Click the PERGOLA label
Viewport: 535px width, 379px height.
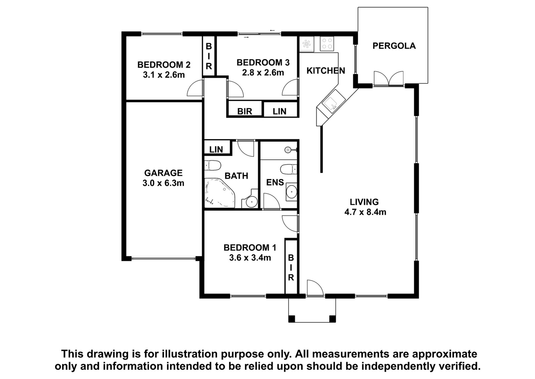pyautogui.click(x=394, y=46)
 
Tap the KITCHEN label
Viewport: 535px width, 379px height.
pyautogui.click(x=326, y=71)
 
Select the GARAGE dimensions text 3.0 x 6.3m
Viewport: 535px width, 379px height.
pyautogui.click(x=164, y=183)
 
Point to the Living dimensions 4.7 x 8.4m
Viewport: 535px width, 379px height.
pyautogui.click(x=365, y=212)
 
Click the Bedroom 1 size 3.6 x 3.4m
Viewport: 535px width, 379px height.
pyautogui.click(x=250, y=258)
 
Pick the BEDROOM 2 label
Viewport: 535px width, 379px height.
pyautogui.click(x=164, y=65)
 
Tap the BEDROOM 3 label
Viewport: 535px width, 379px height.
pyautogui.click(x=263, y=62)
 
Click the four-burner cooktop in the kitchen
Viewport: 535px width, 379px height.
pyautogui.click(x=327, y=44)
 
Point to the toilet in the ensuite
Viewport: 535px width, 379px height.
pyautogui.click(x=288, y=169)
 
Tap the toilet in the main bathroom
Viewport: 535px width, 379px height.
pyautogui.click(x=213, y=165)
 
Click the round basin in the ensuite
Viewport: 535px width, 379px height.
pyautogui.click(x=291, y=192)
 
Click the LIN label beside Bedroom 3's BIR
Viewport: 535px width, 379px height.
pyautogui.click(x=280, y=111)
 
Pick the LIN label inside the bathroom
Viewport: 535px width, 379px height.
pyautogui.click(x=216, y=149)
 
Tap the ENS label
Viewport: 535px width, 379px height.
pyautogui.click(x=275, y=182)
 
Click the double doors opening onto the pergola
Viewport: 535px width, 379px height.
pyautogui.click(x=389, y=78)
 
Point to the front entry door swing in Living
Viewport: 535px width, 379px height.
pyautogui.click(x=315, y=288)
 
